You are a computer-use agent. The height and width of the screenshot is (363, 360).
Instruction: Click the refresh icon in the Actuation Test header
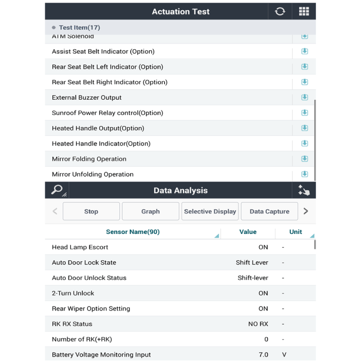coord(280,11)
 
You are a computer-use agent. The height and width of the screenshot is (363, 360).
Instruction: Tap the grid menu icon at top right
coord(303,11)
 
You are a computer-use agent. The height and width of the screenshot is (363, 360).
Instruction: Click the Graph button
coord(150,211)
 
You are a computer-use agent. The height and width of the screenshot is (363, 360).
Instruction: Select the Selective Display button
coord(210,211)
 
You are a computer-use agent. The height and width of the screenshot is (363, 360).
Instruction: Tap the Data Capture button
coord(269,211)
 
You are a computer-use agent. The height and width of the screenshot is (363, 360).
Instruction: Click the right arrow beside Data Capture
coord(306,211)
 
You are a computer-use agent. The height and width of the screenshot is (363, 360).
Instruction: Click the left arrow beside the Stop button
coord(55,211)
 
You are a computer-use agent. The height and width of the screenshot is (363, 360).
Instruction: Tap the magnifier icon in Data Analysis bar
coord(57,190)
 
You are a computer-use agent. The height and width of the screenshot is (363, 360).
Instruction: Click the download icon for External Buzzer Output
coord(304,97)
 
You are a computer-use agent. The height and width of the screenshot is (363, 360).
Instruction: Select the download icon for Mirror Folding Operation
coord(304,159)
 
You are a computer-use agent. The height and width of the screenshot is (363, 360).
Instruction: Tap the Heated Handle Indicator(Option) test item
coord(101,143)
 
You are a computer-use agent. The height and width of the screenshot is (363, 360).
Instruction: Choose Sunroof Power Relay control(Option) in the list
coord(107,113)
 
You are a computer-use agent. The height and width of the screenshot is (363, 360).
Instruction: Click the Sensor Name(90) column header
coord(133,232)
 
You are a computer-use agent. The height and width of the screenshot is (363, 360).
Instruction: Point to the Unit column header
coord(296,232)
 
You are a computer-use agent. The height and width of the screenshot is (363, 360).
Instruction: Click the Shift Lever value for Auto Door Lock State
coord(252,262)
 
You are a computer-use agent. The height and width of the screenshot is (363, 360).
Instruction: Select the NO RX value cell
coord(258,324)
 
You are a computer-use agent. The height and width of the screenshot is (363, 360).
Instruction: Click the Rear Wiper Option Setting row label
coord(91,308)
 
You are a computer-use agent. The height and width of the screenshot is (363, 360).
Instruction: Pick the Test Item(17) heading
coord(79,28)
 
